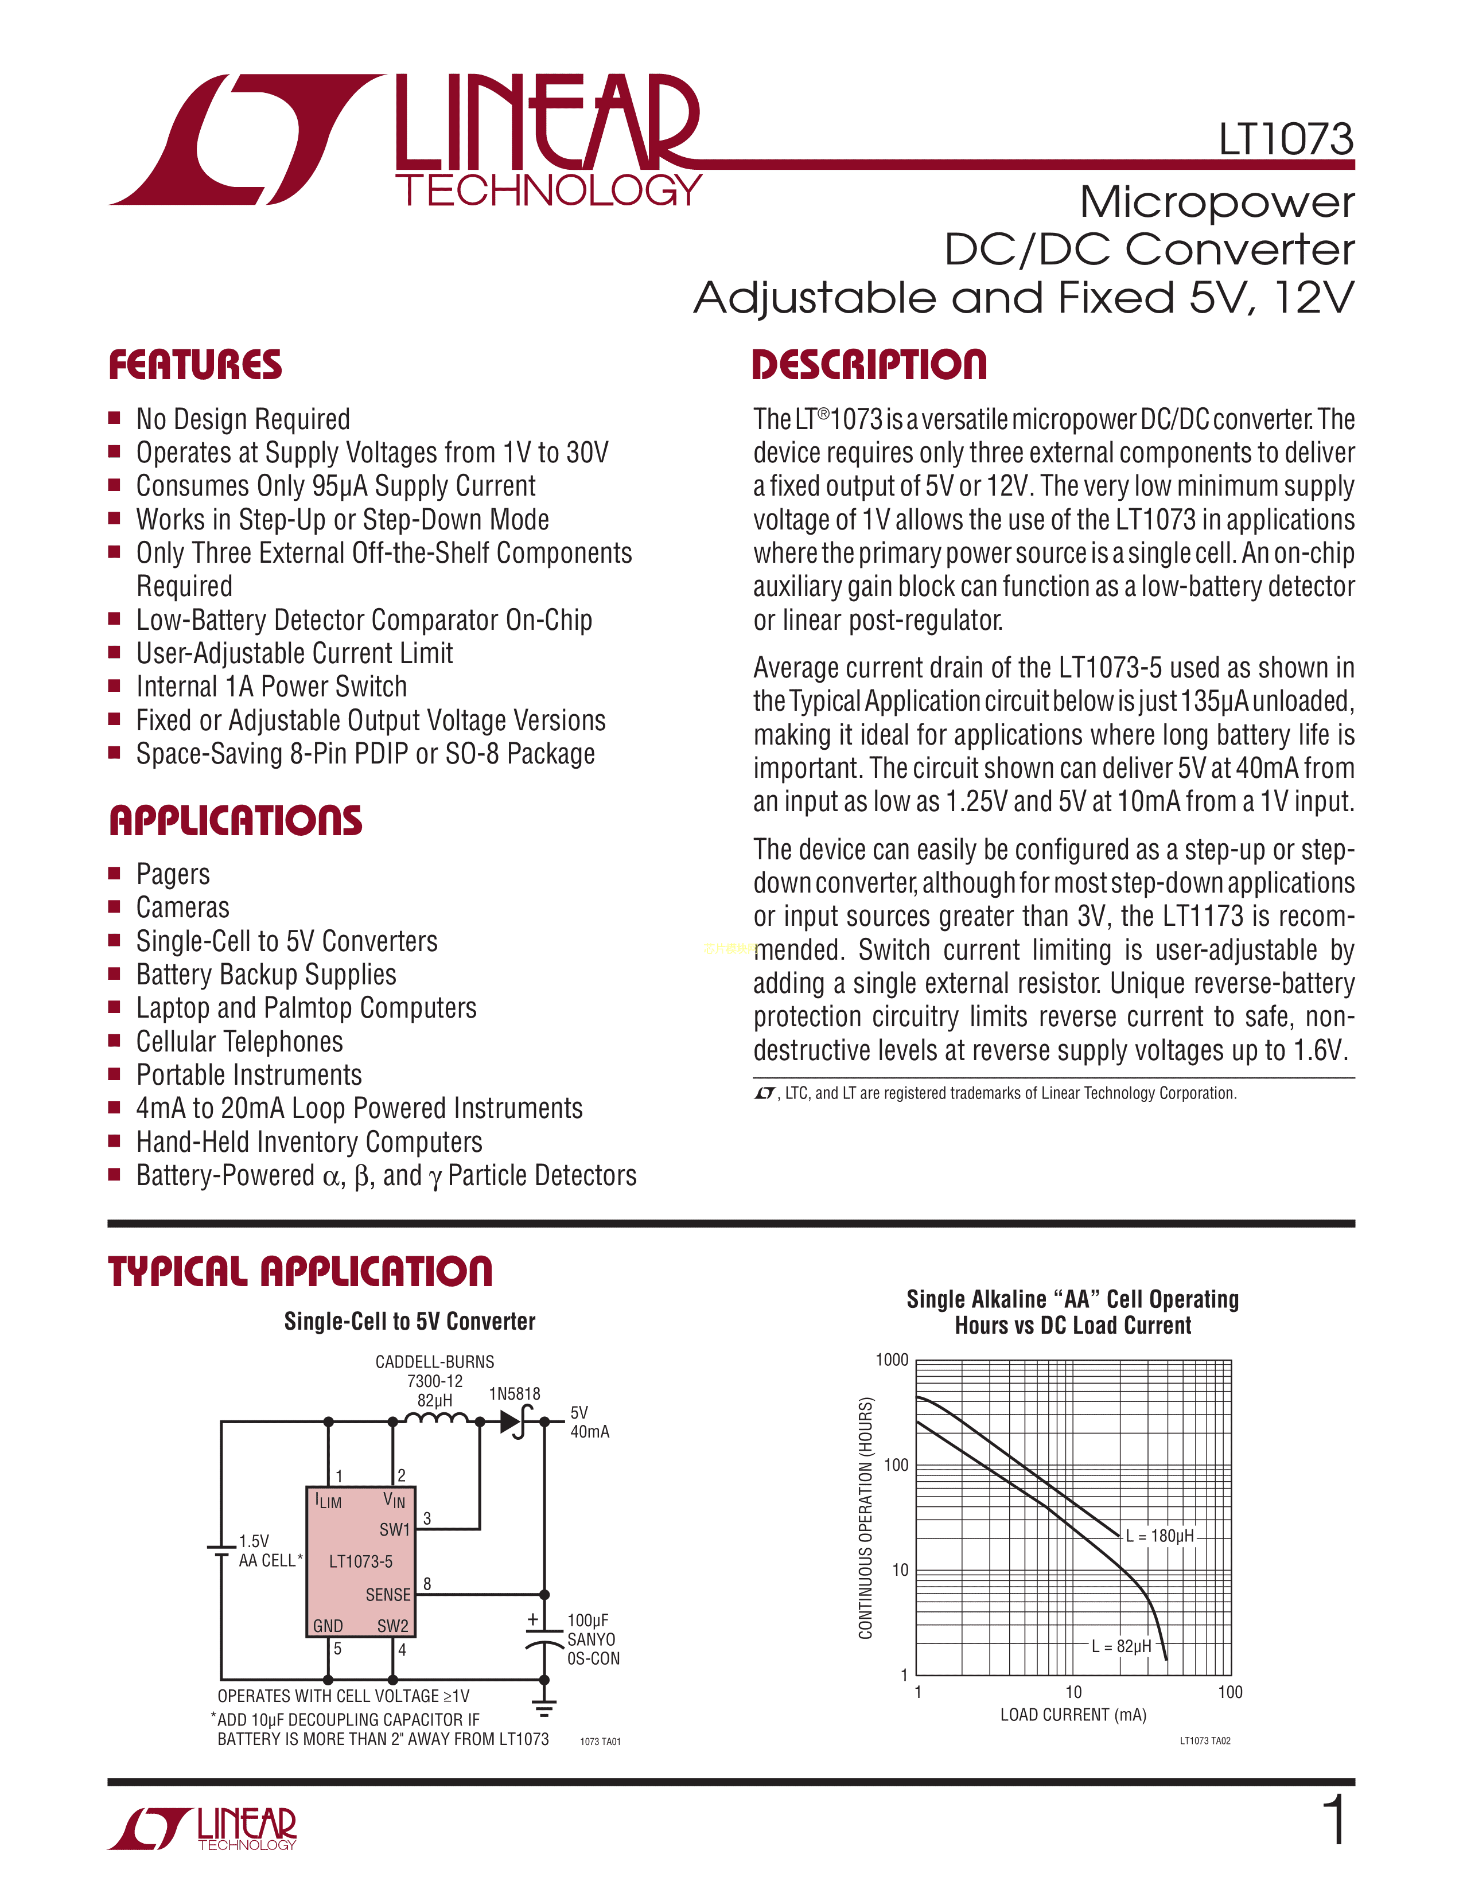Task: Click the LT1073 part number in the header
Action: [x=1285, y=139]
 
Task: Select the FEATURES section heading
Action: [x=195, y=365]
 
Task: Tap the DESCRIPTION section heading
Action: [x=869, y=365]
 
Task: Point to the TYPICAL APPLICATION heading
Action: [x=300, y=1272]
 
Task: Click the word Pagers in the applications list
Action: [x=173, y=874]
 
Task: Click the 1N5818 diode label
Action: [x=514, y=1394]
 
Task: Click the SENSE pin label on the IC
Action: [x=387, y=1595]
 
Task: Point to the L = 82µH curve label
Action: [x=1122, y=1646]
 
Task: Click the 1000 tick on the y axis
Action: [x=892, y=1360]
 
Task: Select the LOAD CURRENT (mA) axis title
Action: [x=1073, y=1715]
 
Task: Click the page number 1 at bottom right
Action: [x=1336, y=1820]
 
